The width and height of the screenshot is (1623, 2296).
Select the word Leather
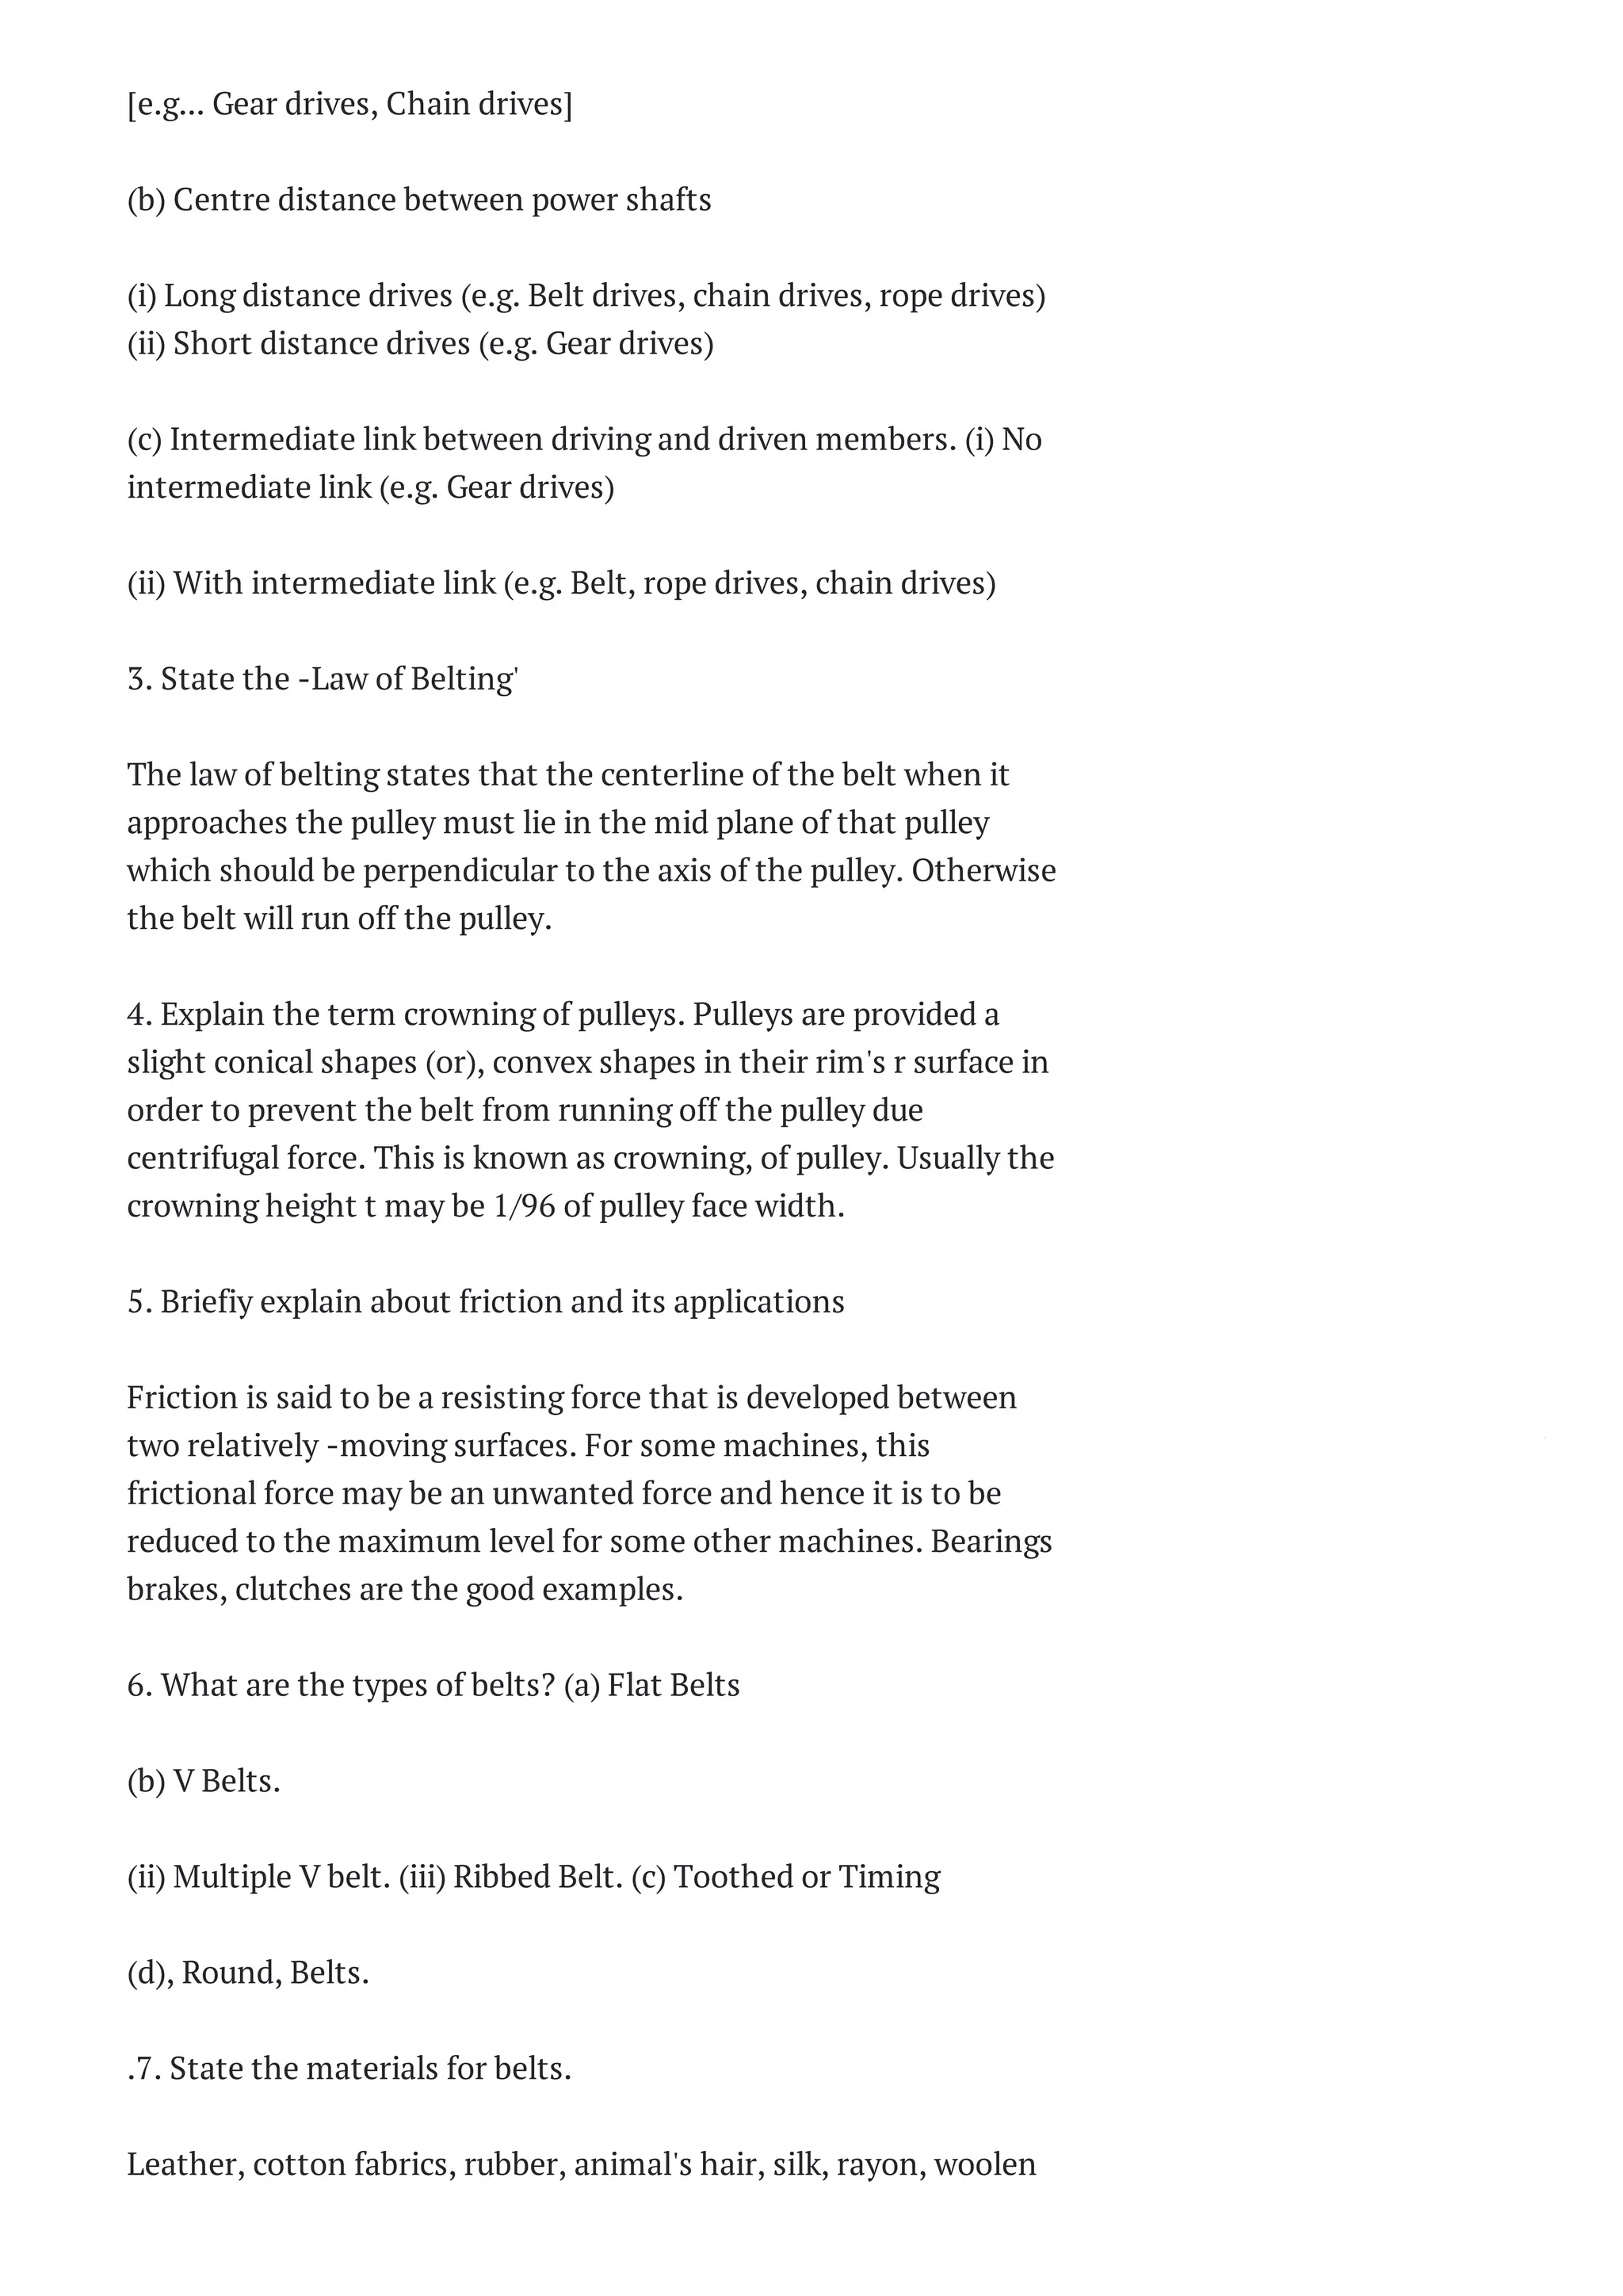tap(184, 2164)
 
